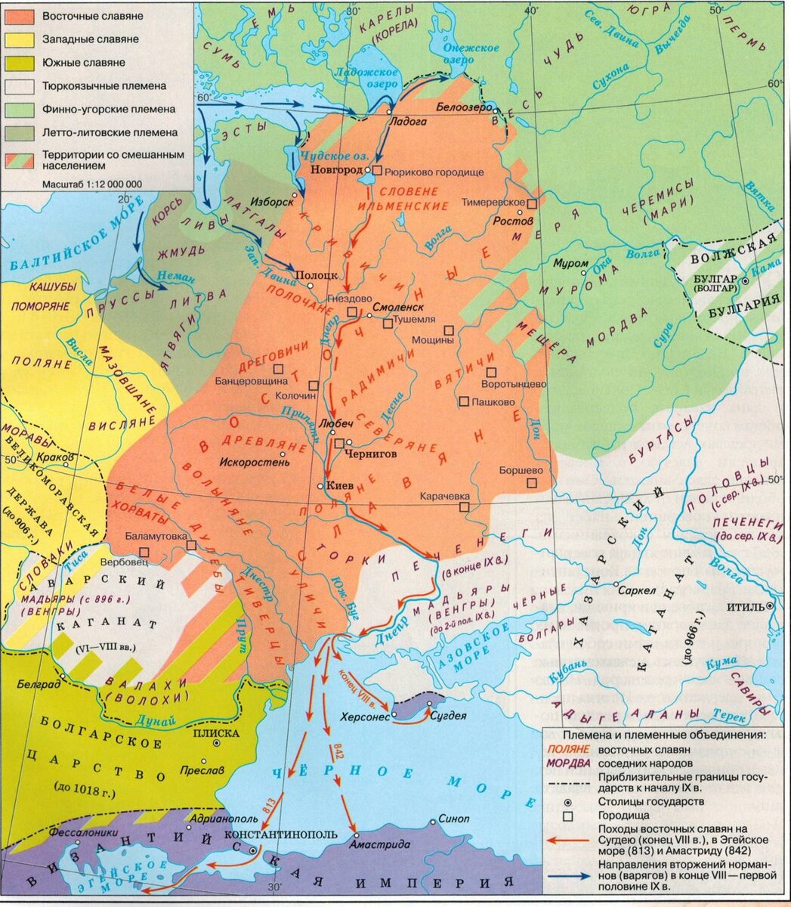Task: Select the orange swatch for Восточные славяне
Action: (x=21, y=15)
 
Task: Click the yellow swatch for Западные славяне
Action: (x=21, y=39)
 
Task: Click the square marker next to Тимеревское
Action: (x=532, y=204)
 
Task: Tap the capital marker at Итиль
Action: (x=770, y=606)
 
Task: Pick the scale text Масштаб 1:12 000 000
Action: (x=92, y=183)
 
